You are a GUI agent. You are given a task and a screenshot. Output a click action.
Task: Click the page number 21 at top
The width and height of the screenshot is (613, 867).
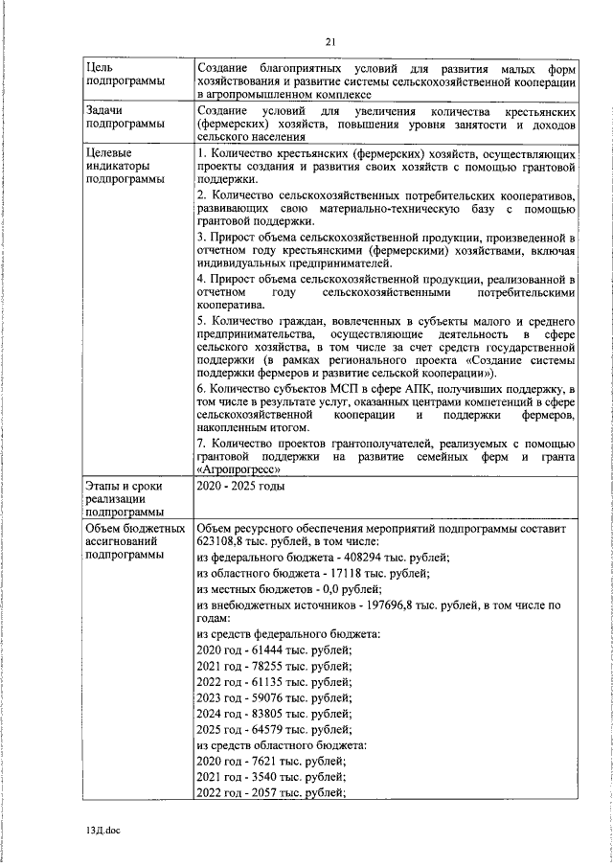coord(329,41)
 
